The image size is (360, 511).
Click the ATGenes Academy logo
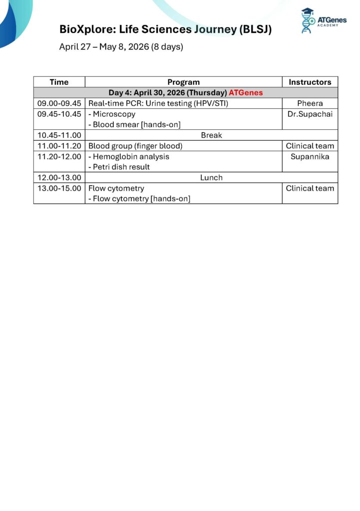click(x=323, y=21)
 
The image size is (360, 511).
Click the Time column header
click(x=59, y=82)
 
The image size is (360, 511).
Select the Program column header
click(x=183, y=82)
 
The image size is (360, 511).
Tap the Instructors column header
click(x=310, y=82)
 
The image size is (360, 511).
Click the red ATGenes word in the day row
click(x=246, y=93)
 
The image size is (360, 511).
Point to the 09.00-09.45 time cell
click(x=59, y=103)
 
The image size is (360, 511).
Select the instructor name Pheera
click(x=310, y=103)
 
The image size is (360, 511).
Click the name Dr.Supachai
click(x=310, y=114)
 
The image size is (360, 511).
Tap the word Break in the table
click(x=211, y=135)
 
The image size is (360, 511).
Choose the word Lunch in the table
click(x=211, y=178)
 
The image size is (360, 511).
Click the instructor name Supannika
click(x=310, y=156)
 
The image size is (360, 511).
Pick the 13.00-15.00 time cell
click(x=59, y=188)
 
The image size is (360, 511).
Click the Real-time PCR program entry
click(x=158, y=103)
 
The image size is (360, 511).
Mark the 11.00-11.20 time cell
click(x=59, y=146)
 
